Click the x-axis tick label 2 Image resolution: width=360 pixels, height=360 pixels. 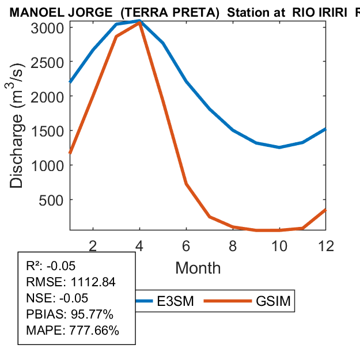pos(93,245)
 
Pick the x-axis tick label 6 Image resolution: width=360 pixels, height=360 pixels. pos(186,245)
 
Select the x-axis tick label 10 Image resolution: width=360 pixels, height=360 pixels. pos(279,245)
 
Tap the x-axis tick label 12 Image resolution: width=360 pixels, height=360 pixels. pos(326,245)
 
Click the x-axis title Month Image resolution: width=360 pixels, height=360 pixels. pos(198,267)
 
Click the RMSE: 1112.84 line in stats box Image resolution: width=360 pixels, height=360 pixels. pos(71,282)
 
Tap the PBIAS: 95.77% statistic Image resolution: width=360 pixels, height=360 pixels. pos(70,314)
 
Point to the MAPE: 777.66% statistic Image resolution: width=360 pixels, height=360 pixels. pos(73,331)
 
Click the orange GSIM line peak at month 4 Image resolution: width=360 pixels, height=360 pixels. pos(139,22)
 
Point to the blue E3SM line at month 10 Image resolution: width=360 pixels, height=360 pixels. pos(279,147)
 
